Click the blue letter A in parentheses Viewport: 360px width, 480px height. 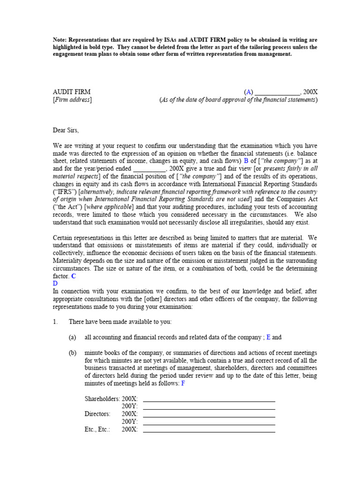pyautogui.click(x=248, y=92)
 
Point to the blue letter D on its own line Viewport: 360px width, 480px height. pyautogui.click(x=55, y=284)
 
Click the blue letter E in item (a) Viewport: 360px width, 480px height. pyautogui.click(x=269, y=337)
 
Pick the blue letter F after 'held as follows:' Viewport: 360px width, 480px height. pyautogui.click(x=183, y=383)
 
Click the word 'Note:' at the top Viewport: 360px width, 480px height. pyautogui.click(x=61, y=40)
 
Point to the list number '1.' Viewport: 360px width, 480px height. pyautogui.click(x=56, y=322)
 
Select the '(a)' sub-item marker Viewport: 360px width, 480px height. pyautogui.click(x=72, y=337)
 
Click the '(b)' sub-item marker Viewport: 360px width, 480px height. pyautogui.click(x=72, y=352)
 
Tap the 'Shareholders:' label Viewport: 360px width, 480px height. pyautogui.click(x=102, y=398)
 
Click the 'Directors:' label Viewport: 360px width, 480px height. pyautogui.click(x=97, y=414)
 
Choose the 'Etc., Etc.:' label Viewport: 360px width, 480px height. pyautogui.click(x=97, y=429)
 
